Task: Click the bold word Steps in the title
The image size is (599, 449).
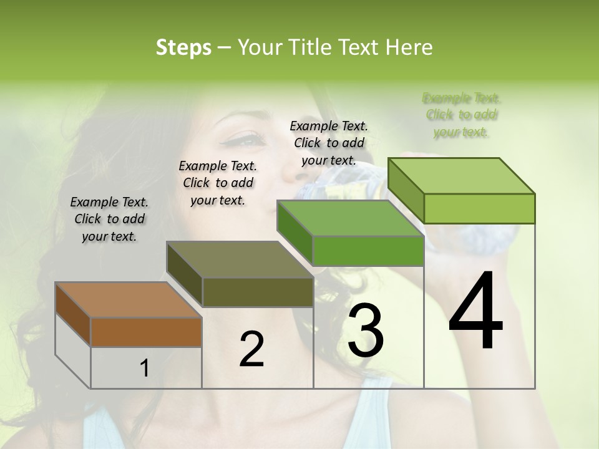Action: coord(183,47)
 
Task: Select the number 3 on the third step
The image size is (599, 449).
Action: coord(366,331)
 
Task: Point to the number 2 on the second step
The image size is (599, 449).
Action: coord(251,349)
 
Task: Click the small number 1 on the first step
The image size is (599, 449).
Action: coord(145,368)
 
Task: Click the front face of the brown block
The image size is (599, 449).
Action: coord(146,332)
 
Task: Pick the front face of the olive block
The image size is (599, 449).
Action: coord(258,292)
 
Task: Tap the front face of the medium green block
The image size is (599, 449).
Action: coord(368,251)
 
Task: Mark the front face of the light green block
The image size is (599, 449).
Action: coord(479,208)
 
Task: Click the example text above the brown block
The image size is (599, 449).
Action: coord(109,219)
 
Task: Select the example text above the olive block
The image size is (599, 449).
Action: coord(218,183)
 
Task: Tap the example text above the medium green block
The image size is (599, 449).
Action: coord(329,143)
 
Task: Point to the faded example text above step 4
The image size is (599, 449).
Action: coord(462,115)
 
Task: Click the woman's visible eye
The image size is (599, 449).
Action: coord(248,140)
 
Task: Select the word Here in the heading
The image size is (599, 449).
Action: coord(409,47)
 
